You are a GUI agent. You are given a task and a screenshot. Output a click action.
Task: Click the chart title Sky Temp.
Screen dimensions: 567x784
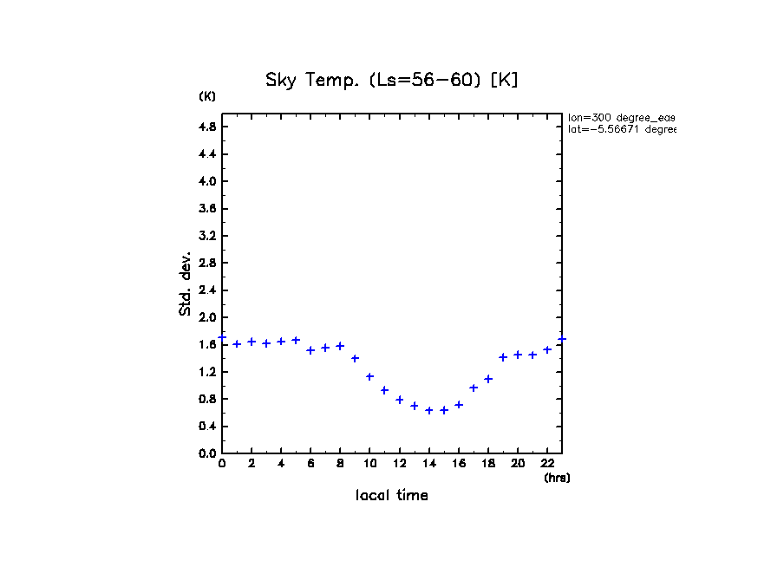coord(392,81)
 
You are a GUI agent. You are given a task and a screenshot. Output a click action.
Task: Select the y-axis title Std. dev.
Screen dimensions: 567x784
coord(186,283)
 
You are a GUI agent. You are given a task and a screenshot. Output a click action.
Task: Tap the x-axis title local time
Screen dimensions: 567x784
coord(392,496)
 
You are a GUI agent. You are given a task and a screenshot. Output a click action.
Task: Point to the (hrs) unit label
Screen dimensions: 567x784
coord(557,478)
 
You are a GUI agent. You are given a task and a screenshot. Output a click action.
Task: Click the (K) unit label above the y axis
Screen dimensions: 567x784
coord(207,96)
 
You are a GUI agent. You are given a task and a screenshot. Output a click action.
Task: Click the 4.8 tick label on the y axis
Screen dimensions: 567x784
coord(207,127)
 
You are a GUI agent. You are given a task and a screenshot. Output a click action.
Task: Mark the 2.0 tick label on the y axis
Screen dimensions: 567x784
coord(207,317)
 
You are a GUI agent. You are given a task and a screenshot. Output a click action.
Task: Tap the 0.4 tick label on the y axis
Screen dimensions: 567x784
coord(207,427)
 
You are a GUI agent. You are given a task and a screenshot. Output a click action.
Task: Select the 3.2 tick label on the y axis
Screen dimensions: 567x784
coord(207,236)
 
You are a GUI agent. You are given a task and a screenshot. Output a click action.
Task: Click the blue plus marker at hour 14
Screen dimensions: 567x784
coord(429,410)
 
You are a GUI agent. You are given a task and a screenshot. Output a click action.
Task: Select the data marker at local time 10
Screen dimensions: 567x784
coord(369,376)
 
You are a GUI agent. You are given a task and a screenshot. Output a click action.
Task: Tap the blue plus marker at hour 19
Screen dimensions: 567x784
coord(503,357)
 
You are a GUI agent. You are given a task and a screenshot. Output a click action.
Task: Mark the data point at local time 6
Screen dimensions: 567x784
coord(310,350)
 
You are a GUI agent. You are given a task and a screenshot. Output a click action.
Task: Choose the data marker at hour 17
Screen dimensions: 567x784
coord(474,388)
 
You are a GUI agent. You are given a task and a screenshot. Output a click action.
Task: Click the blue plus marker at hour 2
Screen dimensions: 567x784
coord(252,342)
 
